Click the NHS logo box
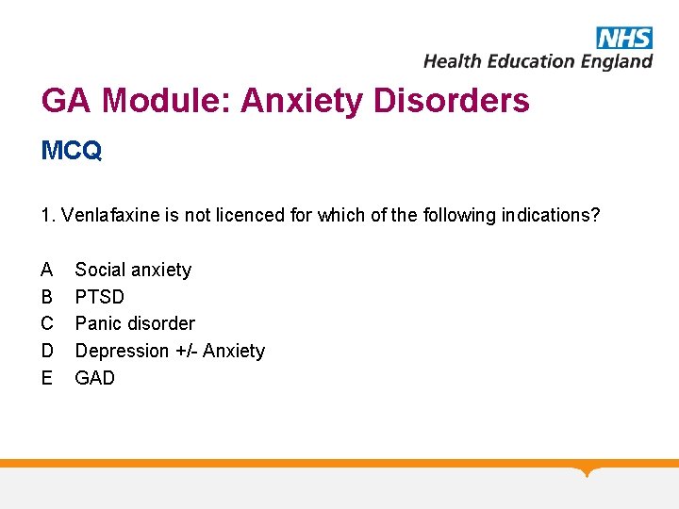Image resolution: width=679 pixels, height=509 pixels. (623, 38)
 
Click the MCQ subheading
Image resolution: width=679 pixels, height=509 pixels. (72, 151)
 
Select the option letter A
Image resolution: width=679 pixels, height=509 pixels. (47, 270)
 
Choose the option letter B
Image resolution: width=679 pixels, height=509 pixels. (47, 297)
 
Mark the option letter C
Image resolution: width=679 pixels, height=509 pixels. (47, 323)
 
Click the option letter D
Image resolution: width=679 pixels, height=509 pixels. (47, 351)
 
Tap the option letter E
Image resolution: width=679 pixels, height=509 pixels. (47, 378)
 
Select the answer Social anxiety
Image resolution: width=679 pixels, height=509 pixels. (133, 270)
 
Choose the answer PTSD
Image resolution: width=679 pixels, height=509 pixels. (99, 297)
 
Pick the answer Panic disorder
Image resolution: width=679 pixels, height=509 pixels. (135, 323)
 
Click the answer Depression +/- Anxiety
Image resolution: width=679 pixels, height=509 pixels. (170, 351)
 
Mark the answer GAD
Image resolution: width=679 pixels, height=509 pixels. (95, 378)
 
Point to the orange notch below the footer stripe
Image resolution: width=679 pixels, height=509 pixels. (588, 470)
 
